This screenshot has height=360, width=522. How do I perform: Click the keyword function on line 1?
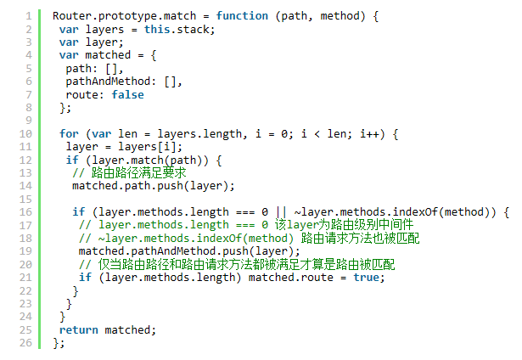[242, 16]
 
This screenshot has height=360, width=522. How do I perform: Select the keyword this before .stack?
[157, 30]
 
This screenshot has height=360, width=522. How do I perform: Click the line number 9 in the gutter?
[29, 121]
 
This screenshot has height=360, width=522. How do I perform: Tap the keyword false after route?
[127, 94]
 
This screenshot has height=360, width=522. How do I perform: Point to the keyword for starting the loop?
[69, 133]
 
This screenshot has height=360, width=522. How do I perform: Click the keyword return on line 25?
[79, 329]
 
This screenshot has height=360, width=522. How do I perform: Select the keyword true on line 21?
[366, 278]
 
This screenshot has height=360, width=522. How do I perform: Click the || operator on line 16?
[281, 211]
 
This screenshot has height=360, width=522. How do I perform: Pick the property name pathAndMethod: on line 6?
[111, 82]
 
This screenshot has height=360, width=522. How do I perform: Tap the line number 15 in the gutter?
[25, 200]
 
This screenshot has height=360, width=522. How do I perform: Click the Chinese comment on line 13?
[138, 173]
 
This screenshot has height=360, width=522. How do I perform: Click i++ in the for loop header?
[369, 133]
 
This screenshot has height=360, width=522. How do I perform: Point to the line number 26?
[25, 343]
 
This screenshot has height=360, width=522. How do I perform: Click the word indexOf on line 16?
[415, 211]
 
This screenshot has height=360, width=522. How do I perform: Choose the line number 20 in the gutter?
[25, 264]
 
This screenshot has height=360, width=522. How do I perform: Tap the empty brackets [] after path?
[111, 69]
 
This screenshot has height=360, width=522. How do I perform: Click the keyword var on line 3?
[69, 42]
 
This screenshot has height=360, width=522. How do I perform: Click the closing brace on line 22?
[76, 291]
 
